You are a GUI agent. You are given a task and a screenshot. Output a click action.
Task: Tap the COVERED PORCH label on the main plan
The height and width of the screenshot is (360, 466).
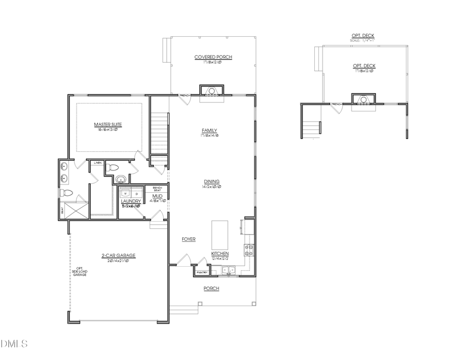coord(213,57)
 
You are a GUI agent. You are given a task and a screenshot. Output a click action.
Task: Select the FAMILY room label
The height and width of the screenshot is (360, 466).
coord(209,131)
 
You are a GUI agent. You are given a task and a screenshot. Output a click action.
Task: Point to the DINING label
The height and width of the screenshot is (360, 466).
coord(211,181)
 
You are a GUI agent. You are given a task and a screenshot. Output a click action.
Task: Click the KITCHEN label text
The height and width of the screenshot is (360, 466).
coord(220,253)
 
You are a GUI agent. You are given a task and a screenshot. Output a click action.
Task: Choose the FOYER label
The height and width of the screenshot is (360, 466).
coord(188,239)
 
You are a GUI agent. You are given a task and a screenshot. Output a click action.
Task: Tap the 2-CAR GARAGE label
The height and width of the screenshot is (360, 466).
coord(118,255)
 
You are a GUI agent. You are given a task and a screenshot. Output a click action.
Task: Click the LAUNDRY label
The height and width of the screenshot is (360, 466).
coord(130,201)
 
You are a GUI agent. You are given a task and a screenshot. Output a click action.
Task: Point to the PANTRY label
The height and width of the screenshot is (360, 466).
coord(202,272)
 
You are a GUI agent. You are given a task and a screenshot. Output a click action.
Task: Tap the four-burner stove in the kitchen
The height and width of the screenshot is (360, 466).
coord(249,250)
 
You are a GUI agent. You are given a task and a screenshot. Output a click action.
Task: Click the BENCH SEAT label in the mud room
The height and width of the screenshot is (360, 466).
coord(157,189)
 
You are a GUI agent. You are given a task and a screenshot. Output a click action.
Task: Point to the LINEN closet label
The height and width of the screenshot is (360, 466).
coord(97,163)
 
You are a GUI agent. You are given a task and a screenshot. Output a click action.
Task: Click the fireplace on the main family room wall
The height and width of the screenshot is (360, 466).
coord(211,91)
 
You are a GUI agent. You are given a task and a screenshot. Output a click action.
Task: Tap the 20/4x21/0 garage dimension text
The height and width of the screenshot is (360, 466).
coord(118,261)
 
